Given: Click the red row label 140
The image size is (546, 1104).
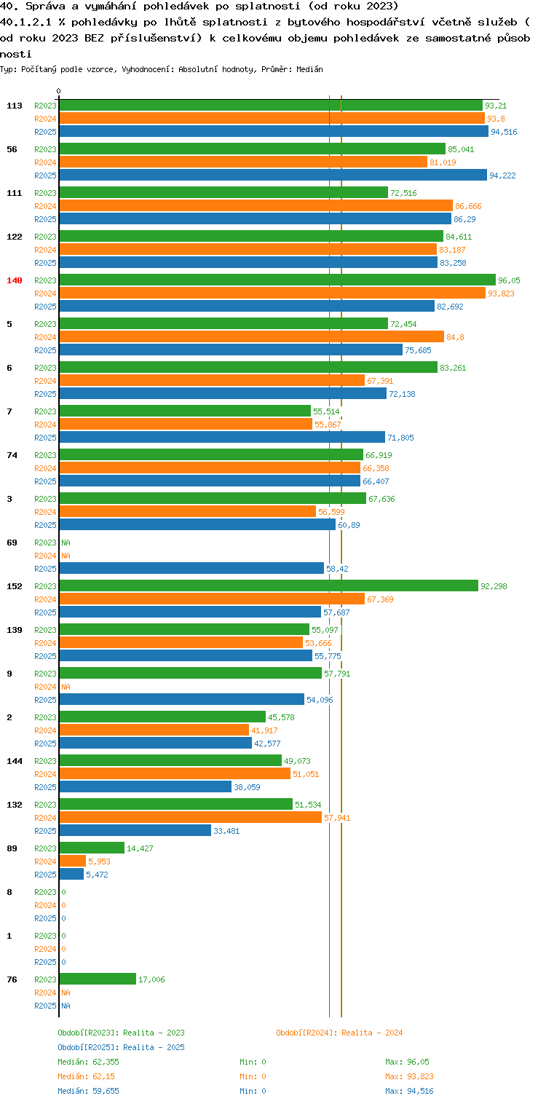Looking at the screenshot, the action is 15,280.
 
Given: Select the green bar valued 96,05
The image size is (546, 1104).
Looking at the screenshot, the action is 277,280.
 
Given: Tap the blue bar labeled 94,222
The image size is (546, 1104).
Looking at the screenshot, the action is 273,175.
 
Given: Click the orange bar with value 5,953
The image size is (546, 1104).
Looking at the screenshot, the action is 73,861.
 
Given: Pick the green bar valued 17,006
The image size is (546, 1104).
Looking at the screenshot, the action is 98,979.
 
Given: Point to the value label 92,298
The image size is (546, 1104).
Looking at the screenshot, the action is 494,586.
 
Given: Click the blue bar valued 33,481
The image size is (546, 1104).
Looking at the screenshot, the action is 135,830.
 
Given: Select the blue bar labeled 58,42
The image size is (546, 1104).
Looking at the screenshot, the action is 191,568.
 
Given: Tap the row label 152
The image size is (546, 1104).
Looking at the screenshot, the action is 15,586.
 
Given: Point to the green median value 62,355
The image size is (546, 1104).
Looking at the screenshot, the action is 106,1062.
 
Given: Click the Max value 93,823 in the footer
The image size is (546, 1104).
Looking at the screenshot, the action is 420,1076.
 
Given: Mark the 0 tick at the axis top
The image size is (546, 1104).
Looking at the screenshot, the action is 59,91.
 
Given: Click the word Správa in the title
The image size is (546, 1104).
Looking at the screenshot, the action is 45,7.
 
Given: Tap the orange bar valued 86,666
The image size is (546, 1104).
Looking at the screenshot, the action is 256,205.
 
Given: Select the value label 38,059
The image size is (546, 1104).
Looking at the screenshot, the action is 247,787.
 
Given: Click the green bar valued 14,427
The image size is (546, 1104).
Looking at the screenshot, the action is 92,848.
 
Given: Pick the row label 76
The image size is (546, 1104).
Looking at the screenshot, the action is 12,979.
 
